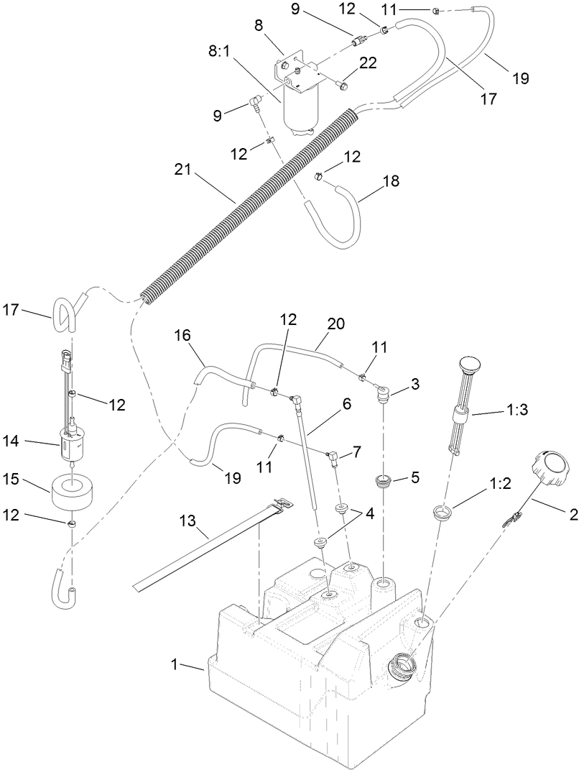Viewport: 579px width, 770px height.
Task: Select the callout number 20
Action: pos(335,324)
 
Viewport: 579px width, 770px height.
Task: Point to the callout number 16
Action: pos(182,335)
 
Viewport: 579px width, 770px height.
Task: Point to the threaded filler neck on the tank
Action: pos(402,667)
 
